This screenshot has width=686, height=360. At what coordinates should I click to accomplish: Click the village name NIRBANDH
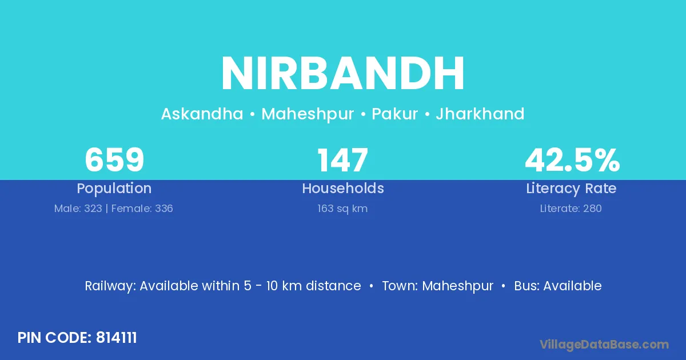(342, 73)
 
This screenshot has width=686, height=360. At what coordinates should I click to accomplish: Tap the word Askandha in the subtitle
(202, 114)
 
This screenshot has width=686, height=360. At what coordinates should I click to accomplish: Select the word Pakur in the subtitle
(395, 114)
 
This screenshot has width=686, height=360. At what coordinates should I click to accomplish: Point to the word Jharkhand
(480, 114)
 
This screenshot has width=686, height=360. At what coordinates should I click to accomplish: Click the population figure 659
(114, 160)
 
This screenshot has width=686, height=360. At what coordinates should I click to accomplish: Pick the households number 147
(342, 160)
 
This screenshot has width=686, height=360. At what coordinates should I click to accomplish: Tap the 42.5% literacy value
(572, 160)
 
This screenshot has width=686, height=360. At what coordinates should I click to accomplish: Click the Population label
(114, 189)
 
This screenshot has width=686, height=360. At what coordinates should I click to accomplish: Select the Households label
(343, 188)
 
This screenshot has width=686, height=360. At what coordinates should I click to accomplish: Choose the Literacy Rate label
(571, 189)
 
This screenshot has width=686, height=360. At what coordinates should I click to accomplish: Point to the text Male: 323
(78, 209)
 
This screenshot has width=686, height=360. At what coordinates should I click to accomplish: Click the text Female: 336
(142, 209)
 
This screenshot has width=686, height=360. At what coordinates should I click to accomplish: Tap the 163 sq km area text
(342, 209)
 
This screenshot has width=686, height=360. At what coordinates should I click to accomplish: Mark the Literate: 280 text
(571, 209)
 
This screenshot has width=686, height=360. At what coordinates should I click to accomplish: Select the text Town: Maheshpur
(438, 286)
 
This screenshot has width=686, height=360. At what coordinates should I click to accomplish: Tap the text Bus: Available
(558, 286)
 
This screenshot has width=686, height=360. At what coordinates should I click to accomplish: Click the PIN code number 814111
(117, 338)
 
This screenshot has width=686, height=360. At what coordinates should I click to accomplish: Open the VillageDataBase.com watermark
(604, 345)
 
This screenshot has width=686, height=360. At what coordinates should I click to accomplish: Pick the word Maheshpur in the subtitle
(308, 114)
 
